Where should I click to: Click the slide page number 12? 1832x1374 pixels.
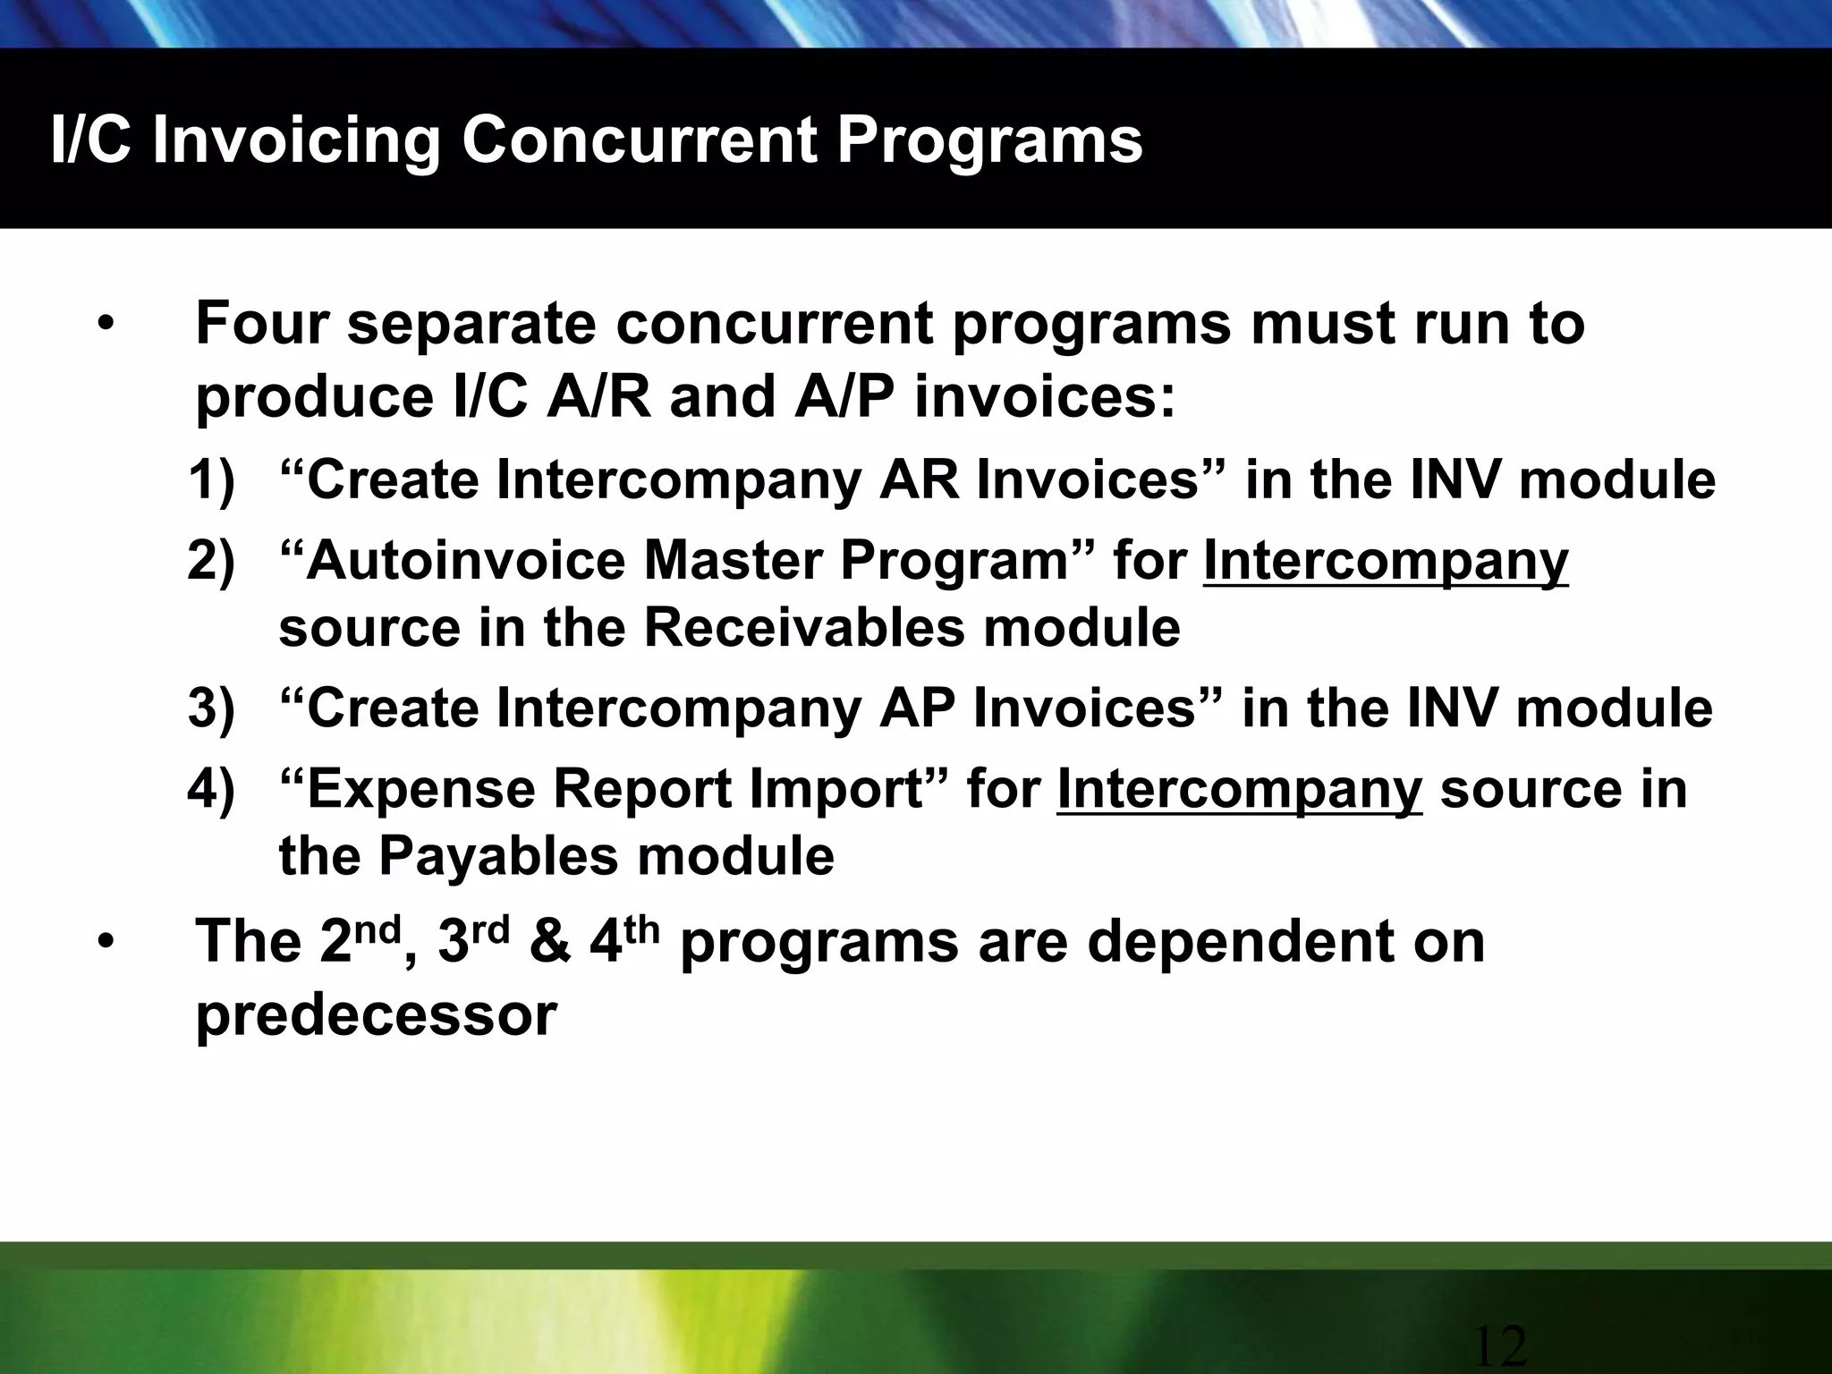1499,1347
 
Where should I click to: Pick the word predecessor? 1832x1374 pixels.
376,1016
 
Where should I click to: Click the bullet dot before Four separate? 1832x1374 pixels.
106,326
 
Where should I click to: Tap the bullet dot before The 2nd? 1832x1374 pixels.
106,944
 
